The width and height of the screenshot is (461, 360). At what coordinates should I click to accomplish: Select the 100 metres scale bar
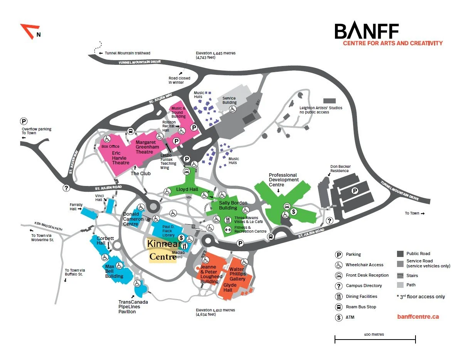pos(375,340)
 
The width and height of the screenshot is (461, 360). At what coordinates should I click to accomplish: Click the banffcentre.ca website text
pos(418,317)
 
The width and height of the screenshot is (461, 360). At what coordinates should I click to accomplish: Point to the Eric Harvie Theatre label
pos(121,158)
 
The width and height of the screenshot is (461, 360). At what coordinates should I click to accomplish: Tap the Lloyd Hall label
pos(187,189)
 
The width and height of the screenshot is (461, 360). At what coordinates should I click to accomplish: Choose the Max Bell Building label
pos(114,271)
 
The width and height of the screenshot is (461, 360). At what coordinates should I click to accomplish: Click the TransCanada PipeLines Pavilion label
pos(133,307)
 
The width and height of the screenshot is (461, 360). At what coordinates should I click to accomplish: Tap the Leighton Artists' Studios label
pos(321,110)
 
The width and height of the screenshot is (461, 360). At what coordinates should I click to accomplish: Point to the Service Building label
pos(229,100)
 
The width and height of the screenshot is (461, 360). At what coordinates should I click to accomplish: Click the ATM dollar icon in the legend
pos(339,318)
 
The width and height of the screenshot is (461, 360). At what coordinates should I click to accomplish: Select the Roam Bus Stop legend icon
pos(339,307)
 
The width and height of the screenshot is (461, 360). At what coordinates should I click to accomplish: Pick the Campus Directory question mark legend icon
pos(339,286)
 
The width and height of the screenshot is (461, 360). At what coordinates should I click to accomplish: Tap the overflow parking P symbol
pos(24,121)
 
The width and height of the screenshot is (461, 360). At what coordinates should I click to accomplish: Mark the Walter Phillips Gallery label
pos(237,274)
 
